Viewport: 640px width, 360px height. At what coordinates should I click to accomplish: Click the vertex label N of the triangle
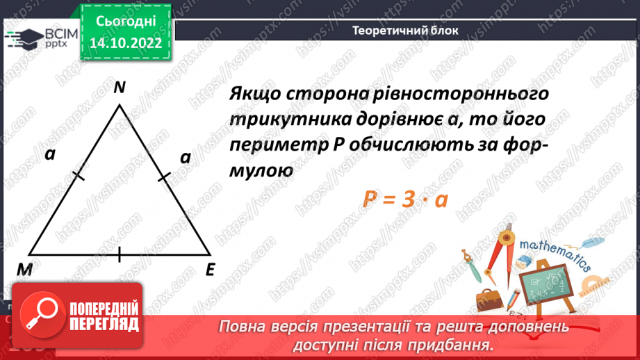pyautogui.click(x=120, y=88)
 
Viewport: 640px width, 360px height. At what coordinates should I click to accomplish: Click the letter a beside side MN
pyautogui.click(x=49, y=155)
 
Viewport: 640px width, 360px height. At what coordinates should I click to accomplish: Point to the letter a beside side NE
pyautogui.click(x=185, y=158)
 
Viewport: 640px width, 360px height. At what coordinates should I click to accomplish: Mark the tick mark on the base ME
pyautogui.click(x=120, y=254)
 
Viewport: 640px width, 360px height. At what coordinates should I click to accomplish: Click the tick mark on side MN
pyautogui.click(x=78, y=178)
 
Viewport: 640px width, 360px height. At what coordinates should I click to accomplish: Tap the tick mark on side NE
pyautogui.click(x=165, y=179)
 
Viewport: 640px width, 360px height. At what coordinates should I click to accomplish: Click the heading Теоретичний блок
pyautogui.click(x=405, y=30)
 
